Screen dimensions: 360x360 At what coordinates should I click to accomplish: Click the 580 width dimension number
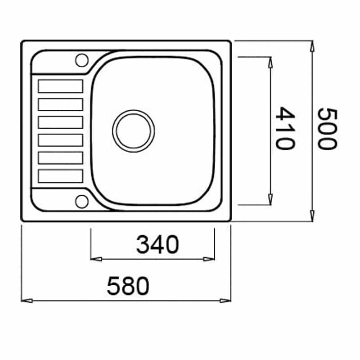point(128,286)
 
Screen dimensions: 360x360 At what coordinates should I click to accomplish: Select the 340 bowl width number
point(157,244)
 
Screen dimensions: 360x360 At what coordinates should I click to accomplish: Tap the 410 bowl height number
point(285,128)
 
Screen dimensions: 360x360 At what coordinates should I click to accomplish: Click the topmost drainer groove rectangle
point(61,86)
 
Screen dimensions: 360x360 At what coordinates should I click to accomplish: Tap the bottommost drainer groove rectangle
point(61,176)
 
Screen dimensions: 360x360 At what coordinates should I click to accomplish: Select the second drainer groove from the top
point(61,104)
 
